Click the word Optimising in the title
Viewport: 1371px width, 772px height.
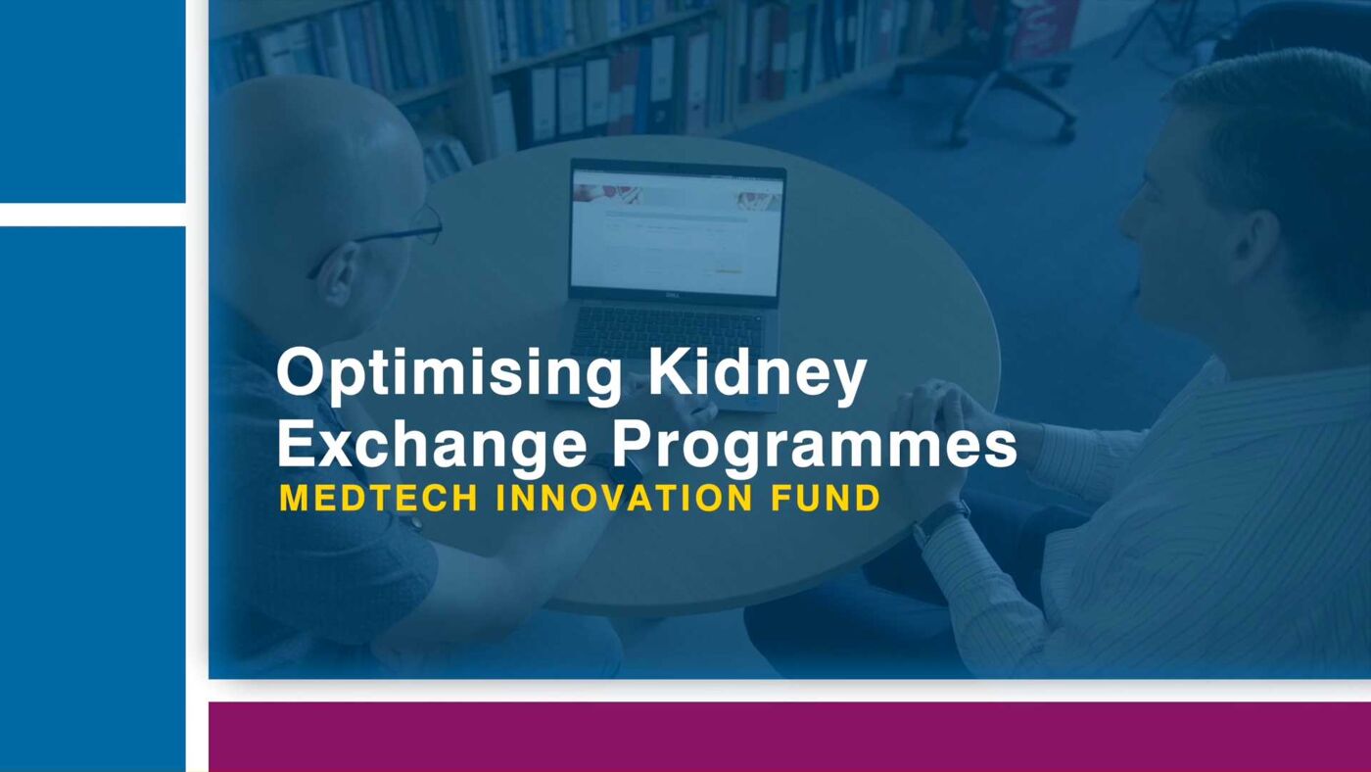(449, 375)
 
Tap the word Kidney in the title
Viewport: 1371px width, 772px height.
(757, 372)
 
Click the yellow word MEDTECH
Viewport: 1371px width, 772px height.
(378, 498)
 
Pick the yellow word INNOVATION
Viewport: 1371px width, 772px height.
(624, 498)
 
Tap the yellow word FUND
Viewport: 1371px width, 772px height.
(825, 498)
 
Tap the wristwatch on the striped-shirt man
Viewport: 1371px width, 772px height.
(941, 521)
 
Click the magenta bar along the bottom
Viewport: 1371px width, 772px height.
(789, 737)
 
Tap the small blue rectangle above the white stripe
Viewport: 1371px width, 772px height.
(92, 101)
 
